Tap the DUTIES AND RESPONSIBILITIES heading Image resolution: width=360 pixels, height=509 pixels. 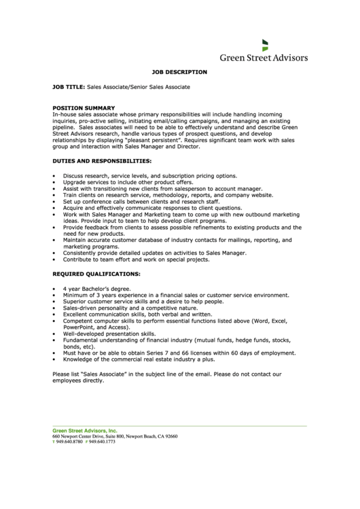[102, 161]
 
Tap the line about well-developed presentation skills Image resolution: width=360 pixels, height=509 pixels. [109, 334]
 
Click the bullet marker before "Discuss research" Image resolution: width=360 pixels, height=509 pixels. [54, 176]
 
